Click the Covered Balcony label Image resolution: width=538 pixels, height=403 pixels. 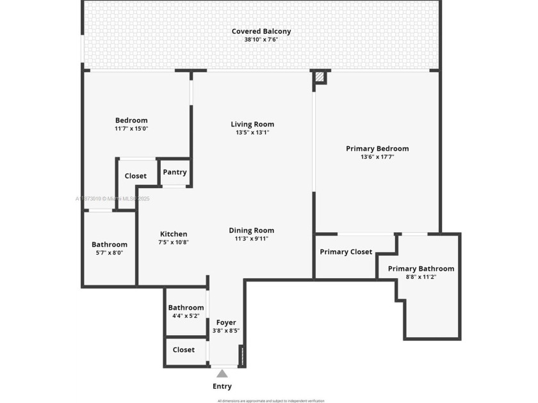coord(261,31)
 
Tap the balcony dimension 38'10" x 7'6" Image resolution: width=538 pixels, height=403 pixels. coord(261,40)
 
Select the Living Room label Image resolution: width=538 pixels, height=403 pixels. coord(252,124)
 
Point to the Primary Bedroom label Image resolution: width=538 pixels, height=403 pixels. coord(377,148)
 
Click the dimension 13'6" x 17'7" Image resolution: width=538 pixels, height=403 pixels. coord(377,157)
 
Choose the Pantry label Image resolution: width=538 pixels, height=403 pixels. coord(175,172)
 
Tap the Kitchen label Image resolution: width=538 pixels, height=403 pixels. coord(174,234)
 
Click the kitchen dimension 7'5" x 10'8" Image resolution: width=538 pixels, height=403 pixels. coord(174,242)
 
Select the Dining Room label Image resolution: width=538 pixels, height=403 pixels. coord(252,230)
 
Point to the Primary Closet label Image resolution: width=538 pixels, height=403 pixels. coord(346,252)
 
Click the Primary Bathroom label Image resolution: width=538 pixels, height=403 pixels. coord(421,269)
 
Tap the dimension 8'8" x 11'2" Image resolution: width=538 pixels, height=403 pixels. coord(421,277)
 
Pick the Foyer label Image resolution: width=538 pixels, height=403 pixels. coord(226,322)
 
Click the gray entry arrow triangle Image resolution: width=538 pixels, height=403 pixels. coord(222,373)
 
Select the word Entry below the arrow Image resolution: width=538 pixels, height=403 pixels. coord(222,386)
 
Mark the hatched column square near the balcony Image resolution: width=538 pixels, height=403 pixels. coord(320,77)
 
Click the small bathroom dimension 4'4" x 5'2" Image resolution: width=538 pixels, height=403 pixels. coord(186,316)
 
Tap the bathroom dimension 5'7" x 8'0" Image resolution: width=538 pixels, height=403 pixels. coord(109,253)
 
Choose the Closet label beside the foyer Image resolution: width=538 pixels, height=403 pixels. coord(184,350)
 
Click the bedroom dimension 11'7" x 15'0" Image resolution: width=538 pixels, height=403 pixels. coord(131,129)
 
